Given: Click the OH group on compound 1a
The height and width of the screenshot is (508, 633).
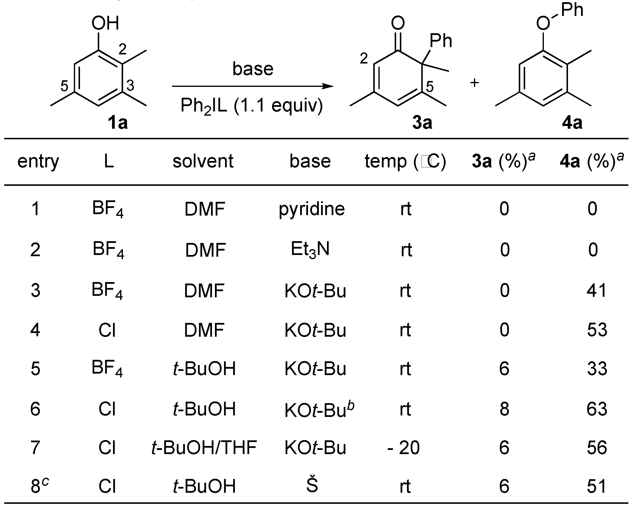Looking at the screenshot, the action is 105,23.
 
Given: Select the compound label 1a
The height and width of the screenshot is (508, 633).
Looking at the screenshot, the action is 118,123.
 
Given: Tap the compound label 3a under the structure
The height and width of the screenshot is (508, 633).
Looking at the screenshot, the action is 422,123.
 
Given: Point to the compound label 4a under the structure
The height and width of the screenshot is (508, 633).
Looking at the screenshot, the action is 572,123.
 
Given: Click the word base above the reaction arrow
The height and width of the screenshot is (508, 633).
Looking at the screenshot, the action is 253,69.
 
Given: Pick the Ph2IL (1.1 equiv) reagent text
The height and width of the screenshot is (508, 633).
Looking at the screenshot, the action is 252,106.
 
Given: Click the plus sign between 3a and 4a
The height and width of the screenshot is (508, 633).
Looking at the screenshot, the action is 474,83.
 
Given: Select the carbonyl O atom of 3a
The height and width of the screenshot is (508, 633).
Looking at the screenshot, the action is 398,23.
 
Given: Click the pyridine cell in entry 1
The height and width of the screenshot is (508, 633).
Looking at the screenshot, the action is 311,209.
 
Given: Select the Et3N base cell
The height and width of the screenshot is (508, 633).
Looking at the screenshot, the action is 310,250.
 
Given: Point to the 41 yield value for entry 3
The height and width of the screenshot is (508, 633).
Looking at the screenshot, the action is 597,290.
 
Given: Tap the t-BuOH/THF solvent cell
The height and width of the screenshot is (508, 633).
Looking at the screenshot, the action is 204,447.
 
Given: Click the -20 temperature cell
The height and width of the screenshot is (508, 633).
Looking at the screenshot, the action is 404,447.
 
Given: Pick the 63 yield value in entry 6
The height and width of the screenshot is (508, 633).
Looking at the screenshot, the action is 597,409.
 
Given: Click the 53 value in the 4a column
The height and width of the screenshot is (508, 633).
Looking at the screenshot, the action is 597,330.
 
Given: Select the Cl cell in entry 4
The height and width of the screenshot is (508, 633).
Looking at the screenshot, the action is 107,330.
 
